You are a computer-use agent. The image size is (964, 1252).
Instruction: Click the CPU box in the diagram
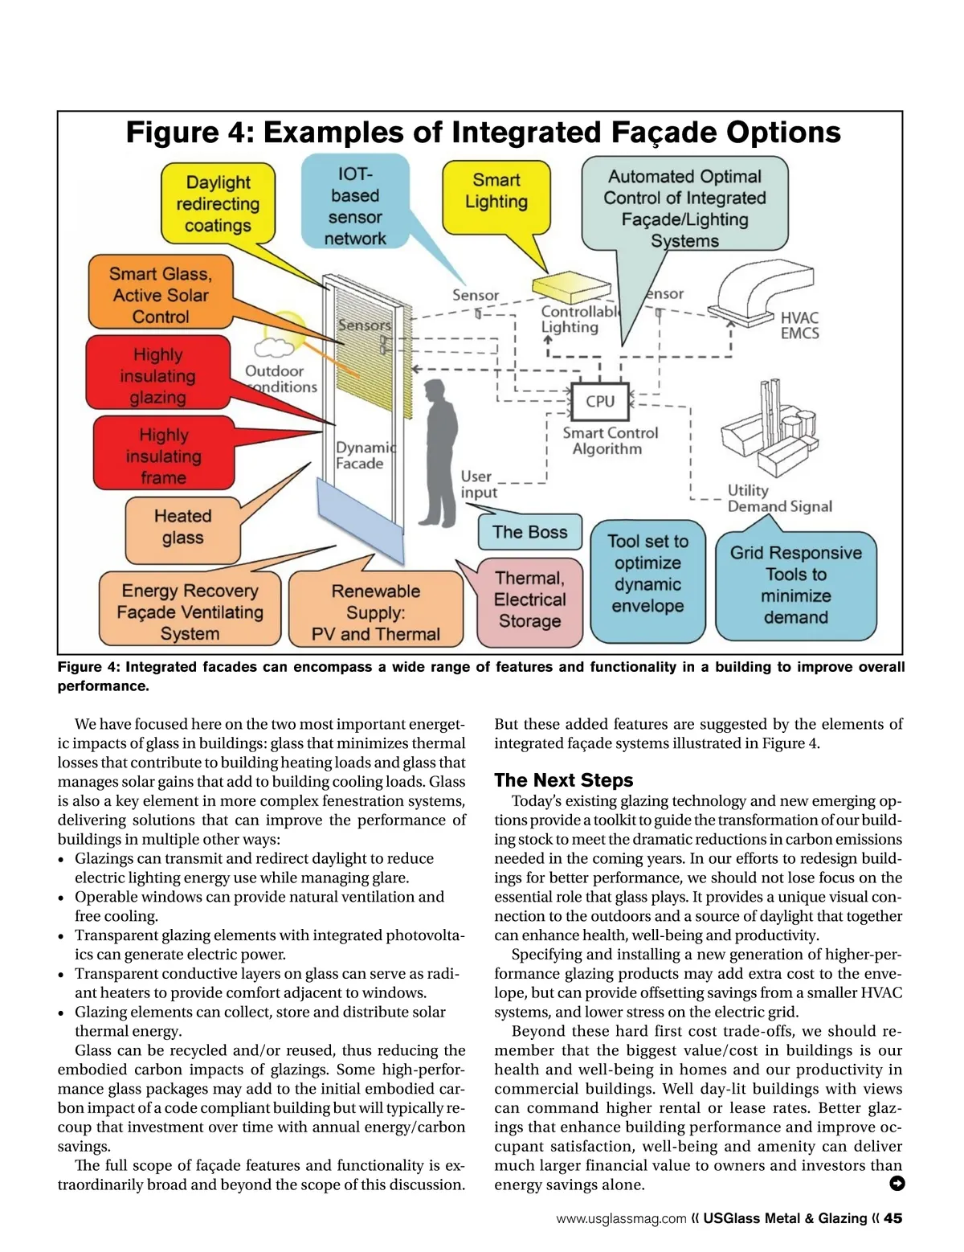[599, 401]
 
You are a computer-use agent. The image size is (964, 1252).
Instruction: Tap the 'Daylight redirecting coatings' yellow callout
[219, 203]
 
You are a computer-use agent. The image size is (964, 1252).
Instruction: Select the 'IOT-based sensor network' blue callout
[355, 206]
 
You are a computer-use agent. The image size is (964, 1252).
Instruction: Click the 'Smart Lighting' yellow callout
[496, 192]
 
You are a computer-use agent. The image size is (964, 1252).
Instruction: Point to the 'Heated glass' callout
[182, 527]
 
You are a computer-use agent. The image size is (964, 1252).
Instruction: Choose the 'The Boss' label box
[530, 532]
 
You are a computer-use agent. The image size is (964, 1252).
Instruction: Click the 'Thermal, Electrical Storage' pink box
[529, 599]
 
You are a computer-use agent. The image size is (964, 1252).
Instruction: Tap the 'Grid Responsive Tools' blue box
[795, 585]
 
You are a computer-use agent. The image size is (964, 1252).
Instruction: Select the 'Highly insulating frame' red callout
[164, 456]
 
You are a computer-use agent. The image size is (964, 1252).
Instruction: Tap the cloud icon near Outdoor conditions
[274, 347]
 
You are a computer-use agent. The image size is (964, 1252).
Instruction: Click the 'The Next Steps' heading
[563, 780]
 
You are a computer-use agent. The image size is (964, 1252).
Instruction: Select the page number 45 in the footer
[893, 1218]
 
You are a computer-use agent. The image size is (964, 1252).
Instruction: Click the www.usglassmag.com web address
[621, 1219]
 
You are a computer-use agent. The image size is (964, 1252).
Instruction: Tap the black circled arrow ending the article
[897, 1184]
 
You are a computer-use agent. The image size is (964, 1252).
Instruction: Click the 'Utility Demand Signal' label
[778, 498]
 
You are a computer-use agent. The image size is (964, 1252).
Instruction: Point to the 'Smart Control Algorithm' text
[610, 440]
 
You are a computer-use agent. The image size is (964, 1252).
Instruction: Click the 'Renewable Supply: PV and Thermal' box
[376, 612]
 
